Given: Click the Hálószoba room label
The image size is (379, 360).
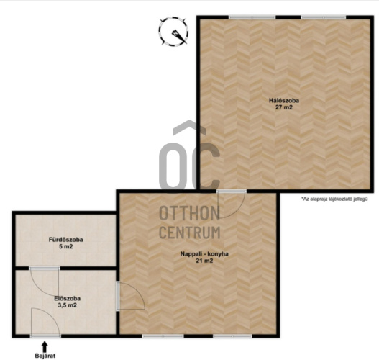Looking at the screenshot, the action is click(x=284, y=100).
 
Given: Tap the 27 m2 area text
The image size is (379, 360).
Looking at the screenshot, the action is click(x=284, y=107).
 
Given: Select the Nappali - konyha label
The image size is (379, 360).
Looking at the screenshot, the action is click(x=204, y=254).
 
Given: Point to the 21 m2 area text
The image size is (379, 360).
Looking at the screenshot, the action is click(x=204, y=261).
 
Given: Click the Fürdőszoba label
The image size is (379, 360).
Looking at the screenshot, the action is click(x=66, y=240).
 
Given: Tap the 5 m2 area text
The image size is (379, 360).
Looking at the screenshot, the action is click(x=66, y=246).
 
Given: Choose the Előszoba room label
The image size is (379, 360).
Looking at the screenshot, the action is click(x=68, y=299).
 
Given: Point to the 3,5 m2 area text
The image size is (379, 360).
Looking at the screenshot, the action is click(x=68, y=305).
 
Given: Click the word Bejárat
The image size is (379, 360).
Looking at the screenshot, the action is click(x=45, y=356).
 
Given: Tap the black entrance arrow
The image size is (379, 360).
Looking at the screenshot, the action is click(x=45, y=346).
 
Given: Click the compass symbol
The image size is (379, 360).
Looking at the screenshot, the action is click(x=173, y=31).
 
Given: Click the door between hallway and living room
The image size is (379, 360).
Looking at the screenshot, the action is click(x=130, y=296).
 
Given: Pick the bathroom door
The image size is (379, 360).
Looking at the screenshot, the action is click(x=45, y=281).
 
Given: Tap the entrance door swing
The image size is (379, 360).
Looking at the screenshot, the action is click(x=45, y=323).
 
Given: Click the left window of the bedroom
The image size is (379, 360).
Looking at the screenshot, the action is click(x=252, y=17).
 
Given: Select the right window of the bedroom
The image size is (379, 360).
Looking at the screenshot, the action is click(x=324, y=17).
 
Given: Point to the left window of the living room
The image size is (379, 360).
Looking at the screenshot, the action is click(x=163, y=336).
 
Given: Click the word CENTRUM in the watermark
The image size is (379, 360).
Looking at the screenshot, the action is click(x=190, y=233).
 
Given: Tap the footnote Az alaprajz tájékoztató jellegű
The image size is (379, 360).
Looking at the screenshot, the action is click(x=334, y=199).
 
